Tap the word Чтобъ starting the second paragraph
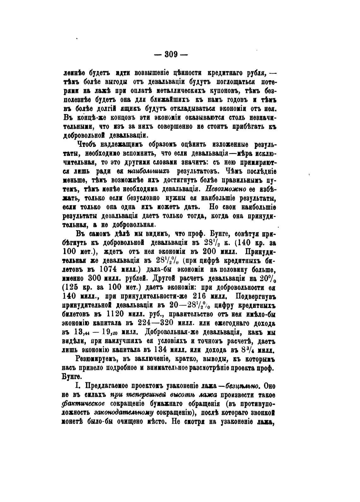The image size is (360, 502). [86, 145]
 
